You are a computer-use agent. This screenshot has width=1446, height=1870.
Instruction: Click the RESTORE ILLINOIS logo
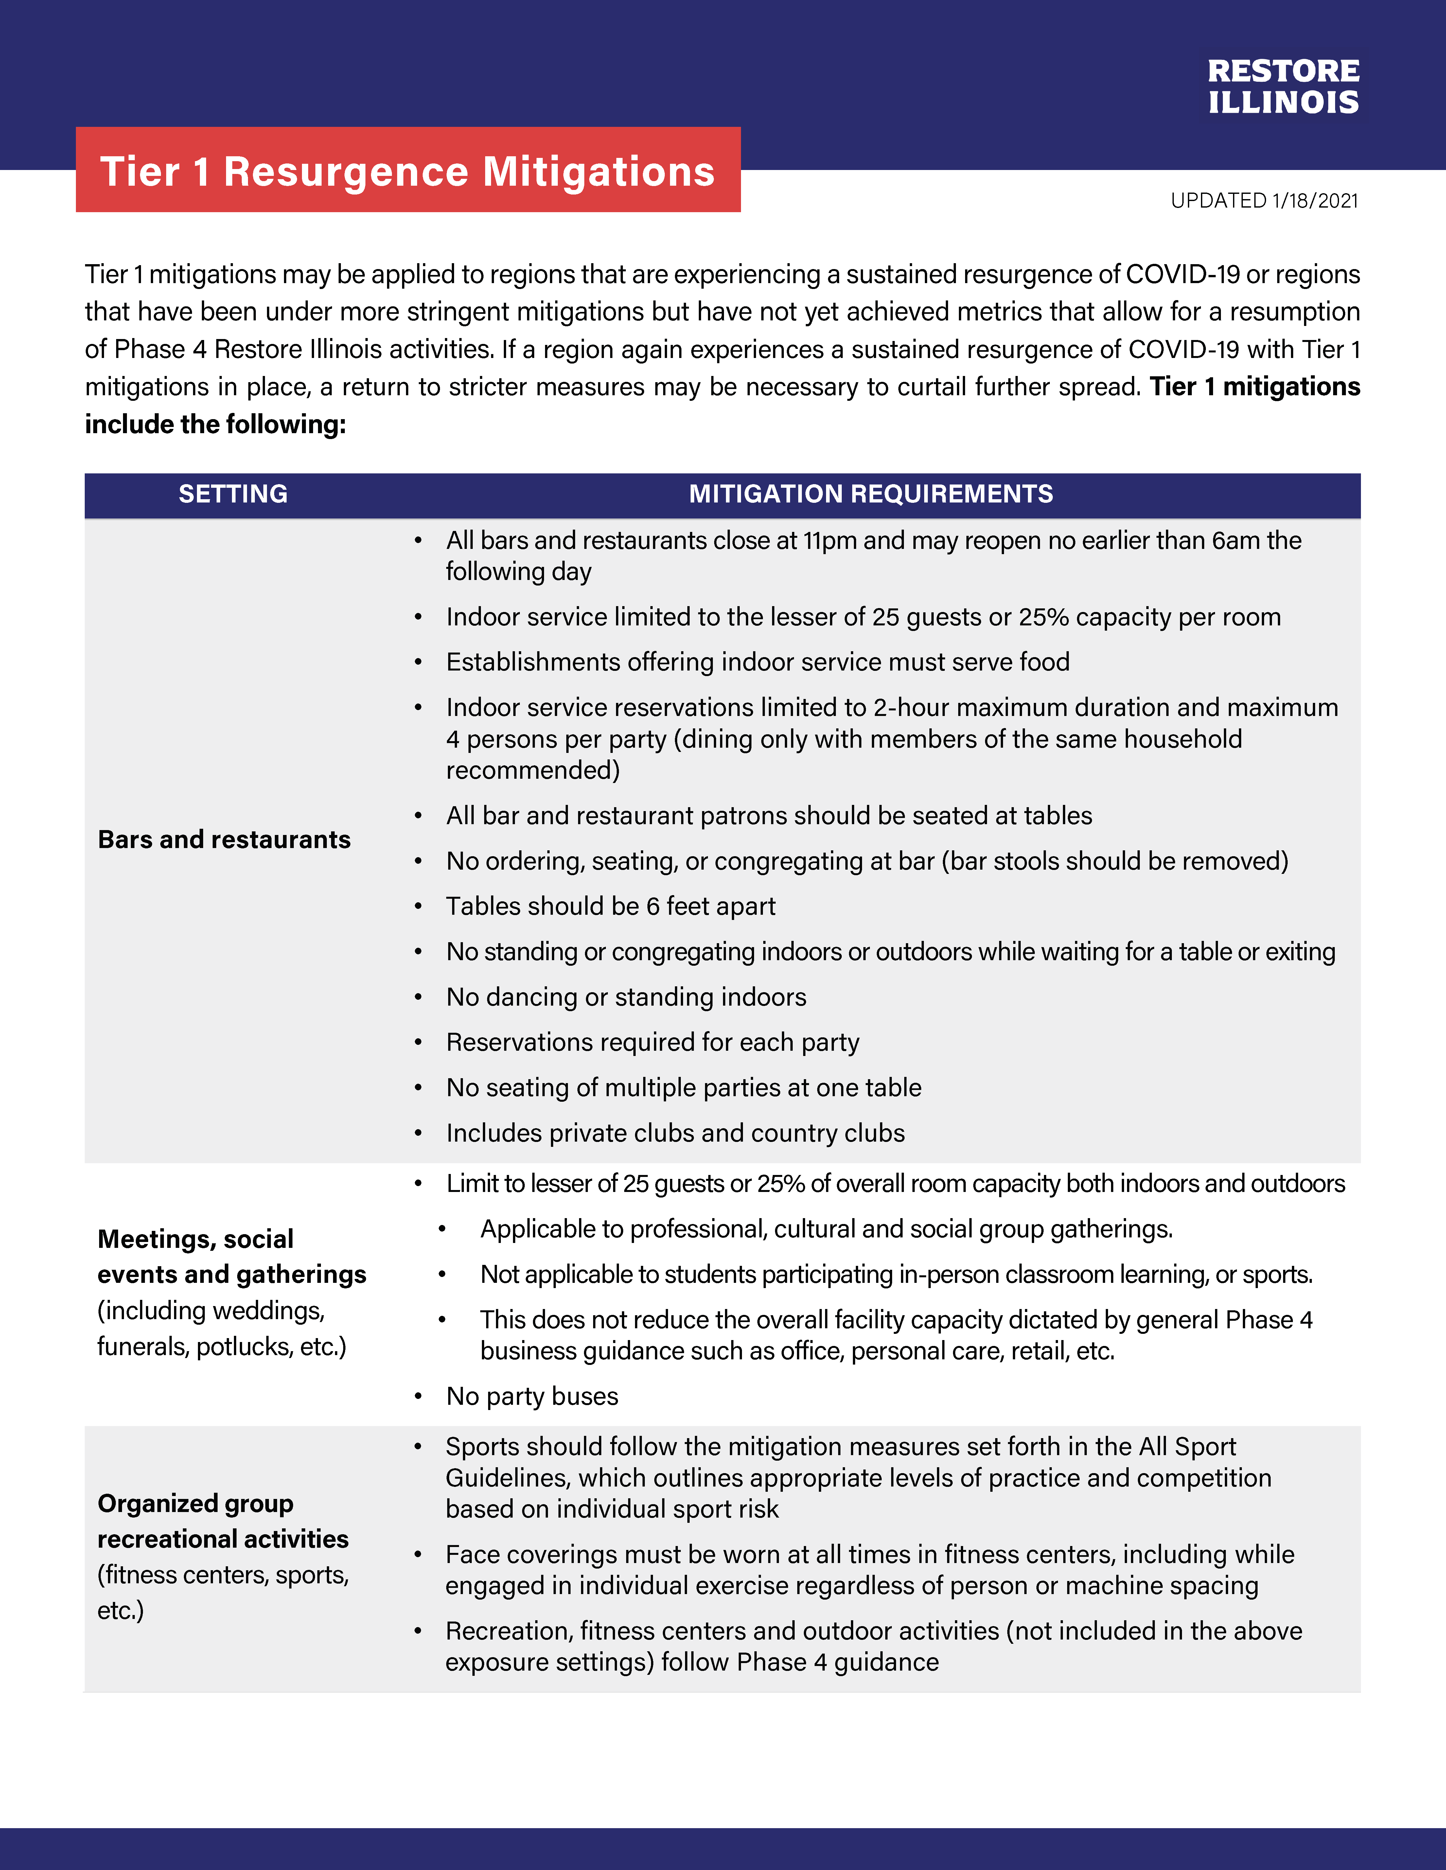coord(1282,87)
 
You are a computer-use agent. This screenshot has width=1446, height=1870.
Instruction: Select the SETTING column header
coord(233,494)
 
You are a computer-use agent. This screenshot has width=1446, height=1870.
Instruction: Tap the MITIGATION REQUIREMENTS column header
coord(870,494)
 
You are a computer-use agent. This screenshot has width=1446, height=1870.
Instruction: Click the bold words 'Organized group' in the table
coord(195,1504)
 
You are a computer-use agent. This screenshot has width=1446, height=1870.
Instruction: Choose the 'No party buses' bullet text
coord(532,1397)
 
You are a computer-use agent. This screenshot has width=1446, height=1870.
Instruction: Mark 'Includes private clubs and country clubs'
coord(675,1133)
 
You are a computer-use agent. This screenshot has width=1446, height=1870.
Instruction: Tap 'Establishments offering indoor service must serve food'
coord(757,662)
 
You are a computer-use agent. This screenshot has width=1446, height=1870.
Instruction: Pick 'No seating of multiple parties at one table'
coord(684,1087)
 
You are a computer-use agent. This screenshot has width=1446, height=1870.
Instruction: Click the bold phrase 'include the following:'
coord(215,424)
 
